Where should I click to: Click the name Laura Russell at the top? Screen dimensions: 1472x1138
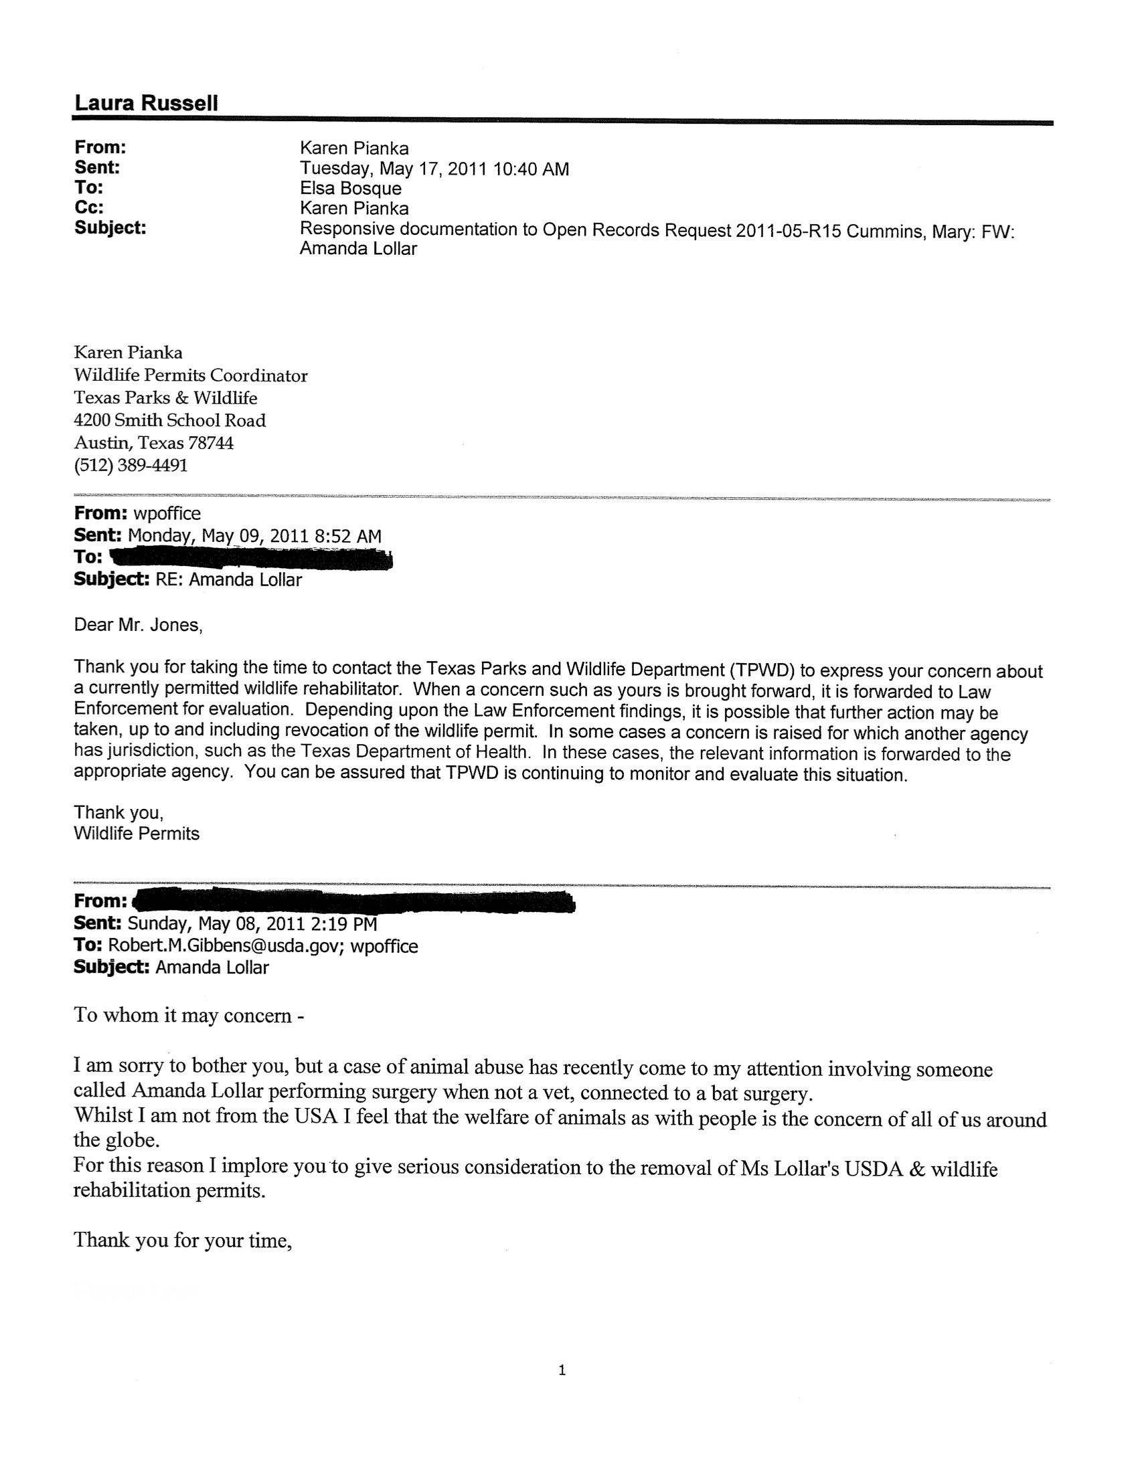coord(146,103)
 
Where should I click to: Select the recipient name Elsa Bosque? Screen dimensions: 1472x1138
coord(350,188)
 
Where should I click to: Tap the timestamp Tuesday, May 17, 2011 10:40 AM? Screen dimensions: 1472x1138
coord(434,169)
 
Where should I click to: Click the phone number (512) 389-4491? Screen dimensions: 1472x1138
coord(130,465)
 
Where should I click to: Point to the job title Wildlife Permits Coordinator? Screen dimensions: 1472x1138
coord(190,375)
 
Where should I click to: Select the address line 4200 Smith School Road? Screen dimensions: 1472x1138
coord(169,421)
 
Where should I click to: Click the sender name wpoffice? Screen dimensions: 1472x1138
coord(167,514)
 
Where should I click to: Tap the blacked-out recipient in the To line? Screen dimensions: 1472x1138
coord(250,559)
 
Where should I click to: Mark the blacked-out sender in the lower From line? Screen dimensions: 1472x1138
coord(354,902)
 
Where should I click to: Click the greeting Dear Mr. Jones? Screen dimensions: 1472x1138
coord(137,625)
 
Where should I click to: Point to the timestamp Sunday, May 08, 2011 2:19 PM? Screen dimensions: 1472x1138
coord(252,923)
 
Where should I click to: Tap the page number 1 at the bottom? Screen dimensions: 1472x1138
coord(562,1370)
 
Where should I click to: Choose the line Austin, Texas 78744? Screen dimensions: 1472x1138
coord(153,443)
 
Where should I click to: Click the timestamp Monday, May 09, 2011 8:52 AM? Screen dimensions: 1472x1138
coord(254,536)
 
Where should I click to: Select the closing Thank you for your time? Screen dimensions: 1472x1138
coord(182,1240)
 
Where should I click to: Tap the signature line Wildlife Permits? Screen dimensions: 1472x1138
coord(136,834)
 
